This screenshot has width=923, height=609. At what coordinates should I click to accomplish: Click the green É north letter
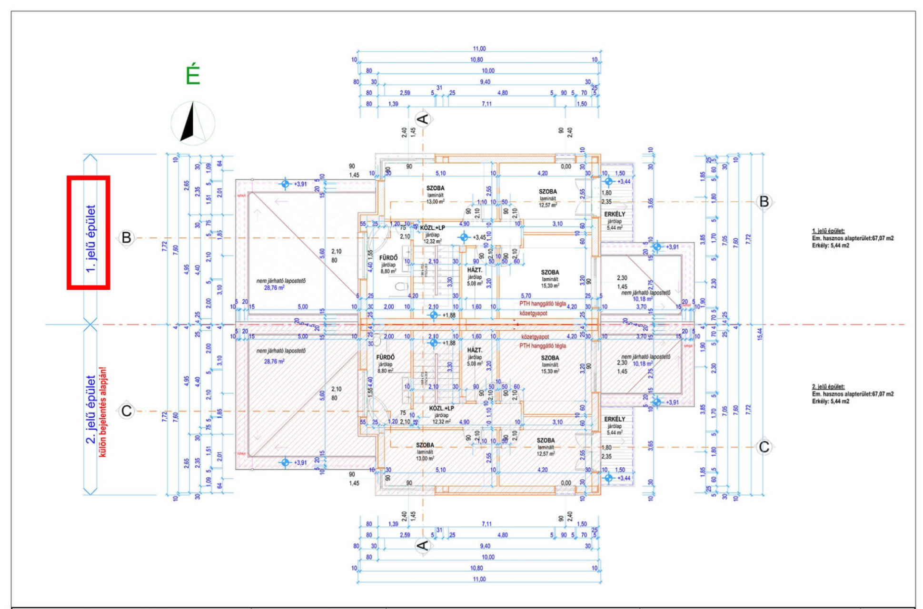coord(193,76)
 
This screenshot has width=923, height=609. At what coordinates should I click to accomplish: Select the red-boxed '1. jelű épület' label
coord(89,232)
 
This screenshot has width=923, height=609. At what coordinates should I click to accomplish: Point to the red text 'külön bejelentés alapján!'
coord(103,412)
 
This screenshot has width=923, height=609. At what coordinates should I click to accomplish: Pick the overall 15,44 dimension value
coord(760,334)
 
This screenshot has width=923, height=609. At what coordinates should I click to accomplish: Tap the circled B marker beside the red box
coord(126,237)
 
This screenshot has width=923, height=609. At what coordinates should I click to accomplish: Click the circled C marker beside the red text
coord(126,411)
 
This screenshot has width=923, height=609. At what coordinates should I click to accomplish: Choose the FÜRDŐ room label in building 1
coord(388,258)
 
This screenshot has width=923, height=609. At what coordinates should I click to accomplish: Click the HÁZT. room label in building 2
coord(475,350)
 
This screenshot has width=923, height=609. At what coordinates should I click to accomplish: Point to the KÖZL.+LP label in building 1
coord(432,228)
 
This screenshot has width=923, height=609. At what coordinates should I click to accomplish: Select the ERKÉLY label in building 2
coord(615,419)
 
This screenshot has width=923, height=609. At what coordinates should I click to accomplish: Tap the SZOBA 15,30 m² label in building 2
coord(550,358)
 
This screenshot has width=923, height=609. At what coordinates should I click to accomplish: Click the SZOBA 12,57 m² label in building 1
coord(548,192)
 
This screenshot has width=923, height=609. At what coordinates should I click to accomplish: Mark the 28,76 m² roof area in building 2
coord(274,362)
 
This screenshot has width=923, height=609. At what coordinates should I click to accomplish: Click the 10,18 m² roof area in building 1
coord(643,299)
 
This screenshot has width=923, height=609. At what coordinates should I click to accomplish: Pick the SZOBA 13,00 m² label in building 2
coord(425,445)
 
